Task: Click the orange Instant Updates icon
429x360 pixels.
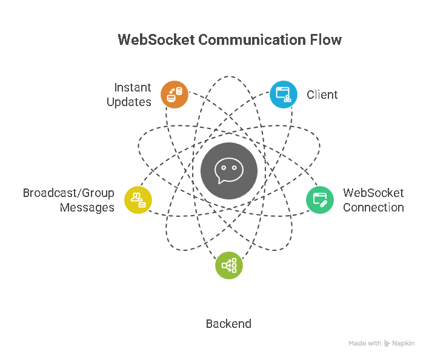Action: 175,95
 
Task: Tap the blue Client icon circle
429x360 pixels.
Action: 283,95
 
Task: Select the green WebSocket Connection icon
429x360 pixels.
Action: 319,199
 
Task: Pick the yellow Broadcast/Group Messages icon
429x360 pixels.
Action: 138,199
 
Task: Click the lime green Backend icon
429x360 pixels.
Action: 229,265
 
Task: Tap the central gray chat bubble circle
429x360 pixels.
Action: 229,170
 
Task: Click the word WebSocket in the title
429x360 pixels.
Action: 156,40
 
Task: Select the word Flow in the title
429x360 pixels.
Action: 328,40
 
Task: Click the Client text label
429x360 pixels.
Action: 322,95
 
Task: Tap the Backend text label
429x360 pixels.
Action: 228,324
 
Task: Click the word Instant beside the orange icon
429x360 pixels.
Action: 133,88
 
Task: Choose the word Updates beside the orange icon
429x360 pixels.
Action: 129,102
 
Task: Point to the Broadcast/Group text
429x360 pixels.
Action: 68,193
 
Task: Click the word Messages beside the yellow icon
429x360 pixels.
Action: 87,207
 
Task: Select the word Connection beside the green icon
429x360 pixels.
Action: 373,207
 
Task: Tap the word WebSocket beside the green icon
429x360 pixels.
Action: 373,193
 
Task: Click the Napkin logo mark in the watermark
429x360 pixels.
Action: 387,343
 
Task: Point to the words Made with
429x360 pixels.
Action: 365,343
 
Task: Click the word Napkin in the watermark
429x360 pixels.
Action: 403,343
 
